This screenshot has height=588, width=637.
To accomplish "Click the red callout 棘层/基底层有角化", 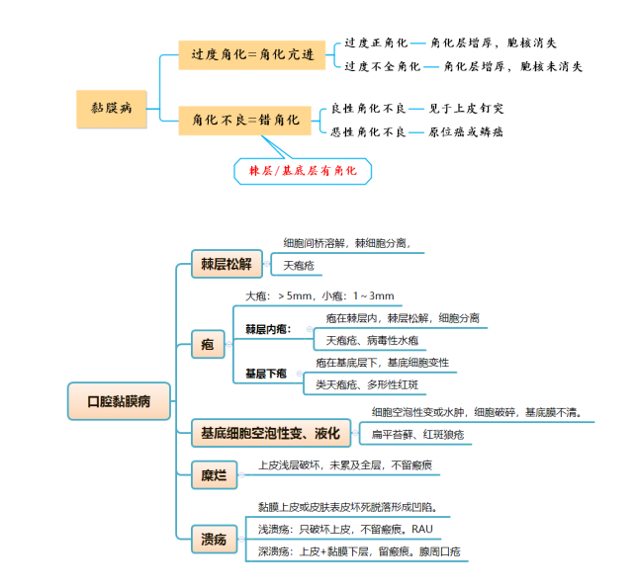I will click(x=303, y=171).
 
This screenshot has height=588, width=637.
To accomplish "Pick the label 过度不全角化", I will click(x=382, y=66).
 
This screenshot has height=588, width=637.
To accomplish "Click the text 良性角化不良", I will click(x=368, y=108).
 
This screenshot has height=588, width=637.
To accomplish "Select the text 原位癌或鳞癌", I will click(x=465, y=131).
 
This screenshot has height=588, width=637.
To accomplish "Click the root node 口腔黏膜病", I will click(x=119, y=402).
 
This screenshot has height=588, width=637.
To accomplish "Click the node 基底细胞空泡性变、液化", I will click(x=270, y=433).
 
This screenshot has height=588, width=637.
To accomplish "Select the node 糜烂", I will click(x=214, y=476).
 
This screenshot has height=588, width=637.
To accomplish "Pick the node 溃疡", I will click(x=214, y=540).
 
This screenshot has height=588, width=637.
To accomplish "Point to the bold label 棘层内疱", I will click(x=267, y=329).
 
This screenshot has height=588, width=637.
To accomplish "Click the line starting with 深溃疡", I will click(x=359, y=551).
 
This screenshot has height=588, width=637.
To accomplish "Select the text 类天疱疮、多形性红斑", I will click(x=367, y=384).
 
